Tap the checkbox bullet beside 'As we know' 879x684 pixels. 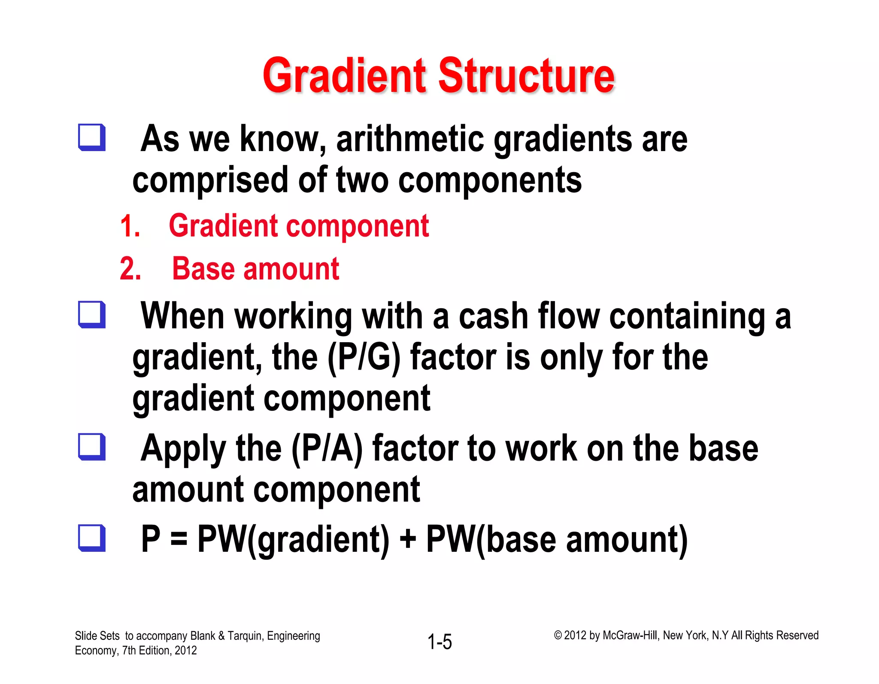click(x=91, y=137)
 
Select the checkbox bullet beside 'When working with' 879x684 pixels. click(x=91, y=314)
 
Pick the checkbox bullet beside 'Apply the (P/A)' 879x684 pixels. click(x=91, y=447)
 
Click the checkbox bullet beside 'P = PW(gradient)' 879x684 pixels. click(x=91, y=538)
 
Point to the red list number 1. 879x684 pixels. click(x=130, y=226)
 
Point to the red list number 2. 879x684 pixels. click(x=130, y=269)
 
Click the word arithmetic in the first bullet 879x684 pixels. click(x=410, y=139)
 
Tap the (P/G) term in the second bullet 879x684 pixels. click(x=364, y=357)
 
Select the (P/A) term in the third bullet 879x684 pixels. click(x=327, y=448)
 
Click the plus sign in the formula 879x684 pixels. click(x=408, y=540)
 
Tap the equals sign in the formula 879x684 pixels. click(x=179, y=540)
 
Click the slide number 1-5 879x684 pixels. click(x=439, y=642)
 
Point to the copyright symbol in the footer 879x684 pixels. click(x=558, y=635)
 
